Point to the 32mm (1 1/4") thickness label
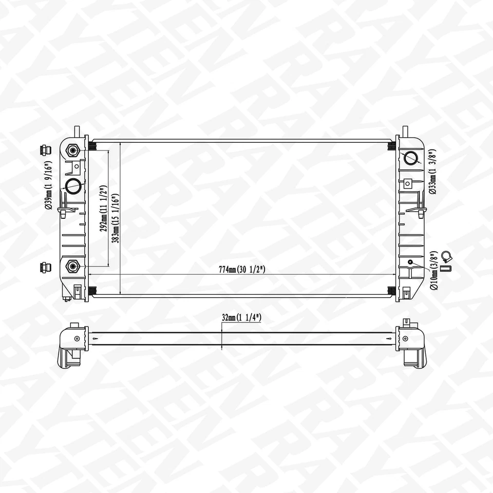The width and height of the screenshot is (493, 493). point(241,318)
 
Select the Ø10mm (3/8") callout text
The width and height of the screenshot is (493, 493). point(434,271)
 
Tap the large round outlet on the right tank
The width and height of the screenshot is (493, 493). point(411,157)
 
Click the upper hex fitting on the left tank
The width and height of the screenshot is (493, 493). point(72,150)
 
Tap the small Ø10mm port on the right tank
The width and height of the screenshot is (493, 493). point(410,262)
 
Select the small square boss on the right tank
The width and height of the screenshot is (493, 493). point(408,182)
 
